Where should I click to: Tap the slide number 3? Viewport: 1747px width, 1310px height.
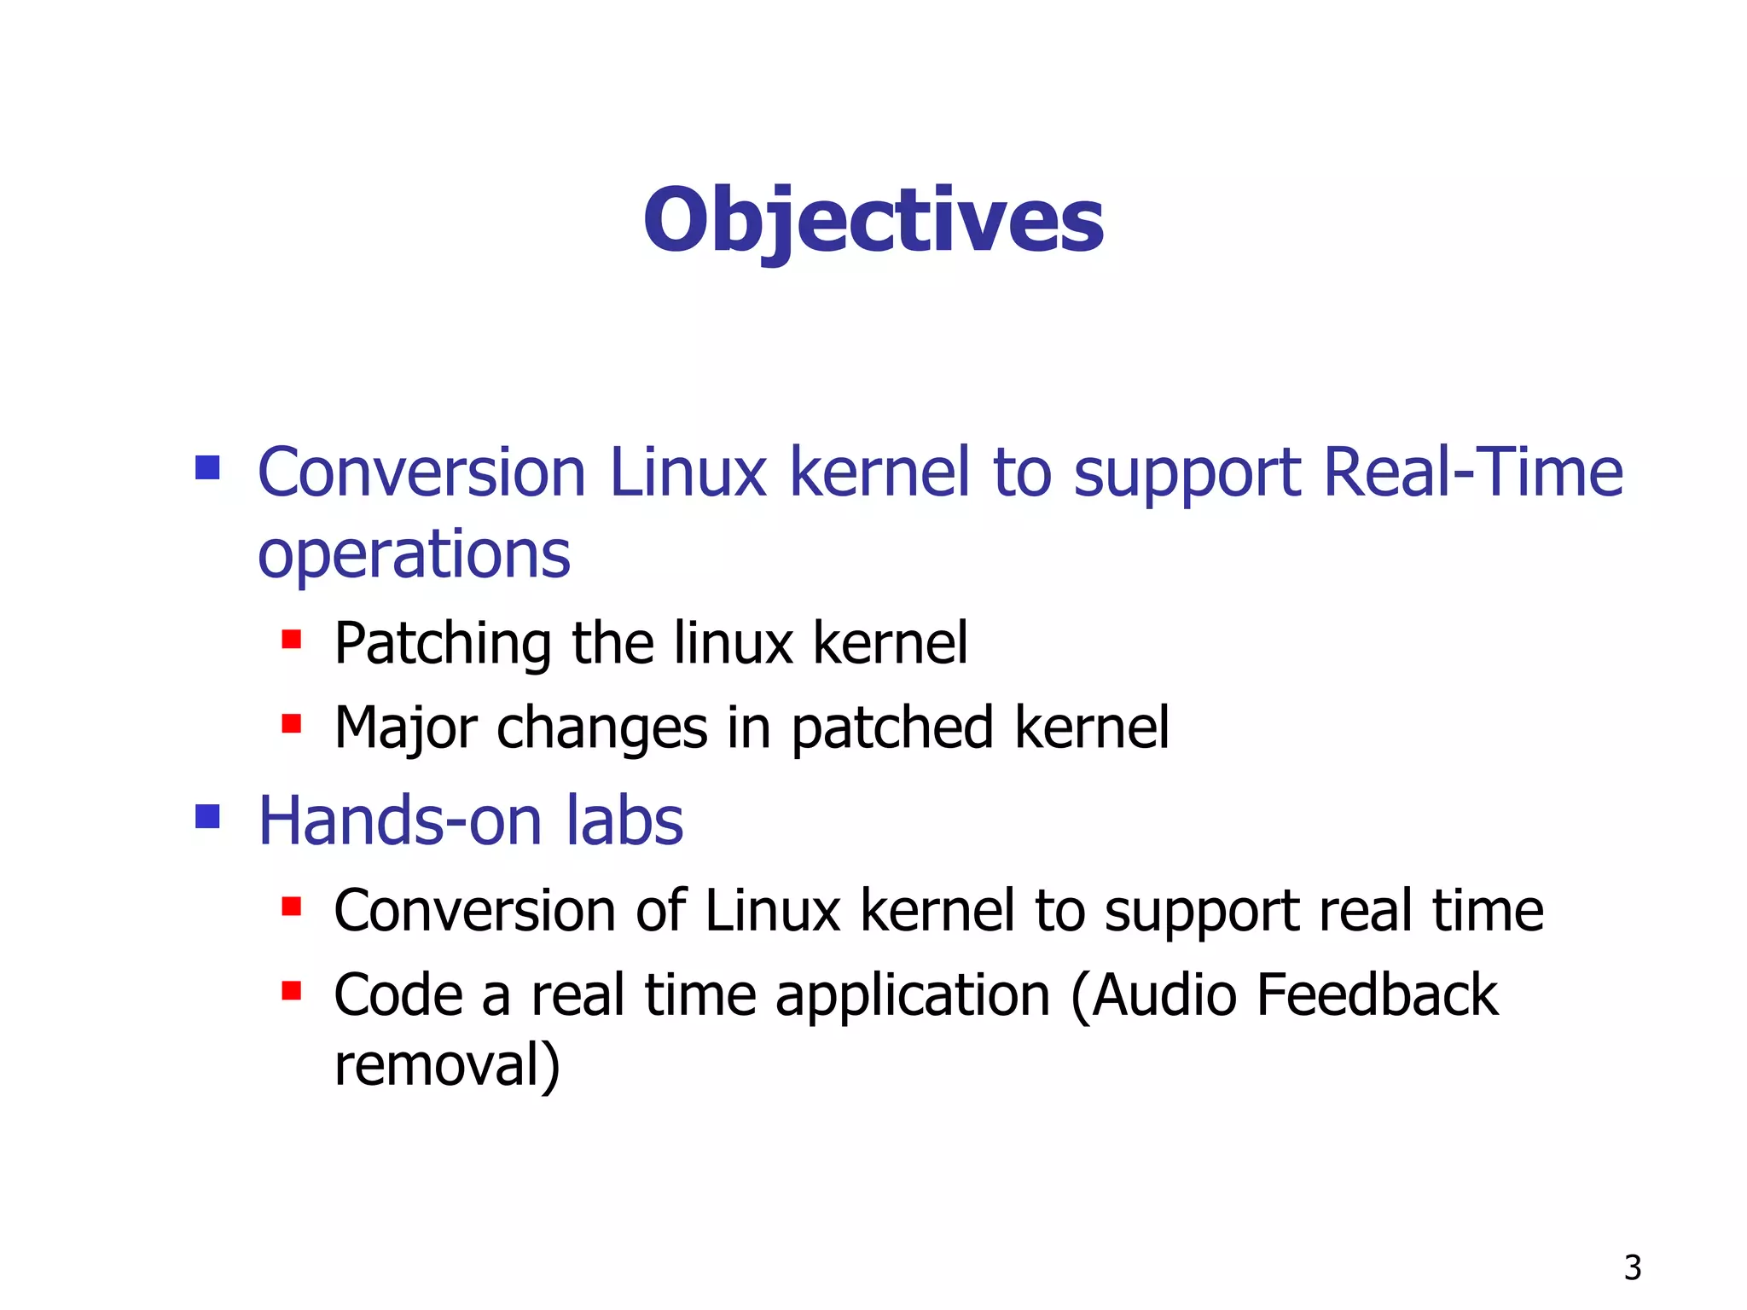click(1632, 1267)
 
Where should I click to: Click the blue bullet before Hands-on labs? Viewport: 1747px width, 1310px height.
click(207, 816)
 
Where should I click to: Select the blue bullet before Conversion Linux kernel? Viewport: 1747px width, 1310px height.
click(207, 467)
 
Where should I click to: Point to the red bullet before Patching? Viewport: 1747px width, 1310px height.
click(292, 639)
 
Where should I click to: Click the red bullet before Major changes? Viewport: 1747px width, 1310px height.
click(292, 724)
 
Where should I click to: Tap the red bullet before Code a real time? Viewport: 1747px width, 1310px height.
click(292, 990)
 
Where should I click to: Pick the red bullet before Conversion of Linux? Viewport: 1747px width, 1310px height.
click(292, 906)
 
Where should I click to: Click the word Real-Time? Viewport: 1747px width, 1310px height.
click(1472, 472)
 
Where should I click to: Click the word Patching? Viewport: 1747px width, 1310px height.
click(443, 644)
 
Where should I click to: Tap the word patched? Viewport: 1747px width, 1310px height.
click(891, 728)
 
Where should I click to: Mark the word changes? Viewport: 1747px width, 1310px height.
click(601, 730)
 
